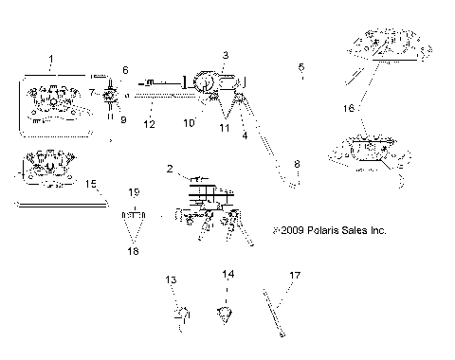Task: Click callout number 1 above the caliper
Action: (51, 59)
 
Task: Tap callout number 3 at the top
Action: (226, 57)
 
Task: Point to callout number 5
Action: (301, 67)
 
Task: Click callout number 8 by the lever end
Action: (297, 165)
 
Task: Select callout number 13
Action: (172, 279)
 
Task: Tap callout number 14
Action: (227, 275)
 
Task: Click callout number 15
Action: (91, 184)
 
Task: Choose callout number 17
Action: (295, 276)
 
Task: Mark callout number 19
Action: (134, 191)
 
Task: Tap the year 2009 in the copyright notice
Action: (290, 230)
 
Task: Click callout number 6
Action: (125, 70)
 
